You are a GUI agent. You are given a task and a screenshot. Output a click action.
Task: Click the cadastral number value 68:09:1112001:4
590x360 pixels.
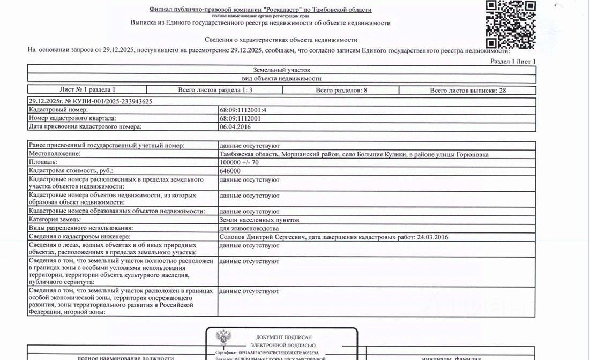[x=243, y=110]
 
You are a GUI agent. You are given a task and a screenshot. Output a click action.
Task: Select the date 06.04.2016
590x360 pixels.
[x=235, y=127]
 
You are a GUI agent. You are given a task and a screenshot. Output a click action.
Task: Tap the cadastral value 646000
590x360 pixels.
[x=230, y=171]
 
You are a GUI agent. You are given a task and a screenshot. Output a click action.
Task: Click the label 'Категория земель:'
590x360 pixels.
[x=55, y=220]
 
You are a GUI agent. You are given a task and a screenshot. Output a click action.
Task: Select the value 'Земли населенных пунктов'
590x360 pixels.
[x=259, y=220]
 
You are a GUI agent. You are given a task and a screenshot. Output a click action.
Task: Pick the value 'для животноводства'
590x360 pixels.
[x=249, y=228]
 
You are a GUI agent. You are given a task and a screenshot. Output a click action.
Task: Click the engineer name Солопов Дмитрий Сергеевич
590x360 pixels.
[x=262, y=237]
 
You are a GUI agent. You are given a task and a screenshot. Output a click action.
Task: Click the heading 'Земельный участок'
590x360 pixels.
[x=281, y=70]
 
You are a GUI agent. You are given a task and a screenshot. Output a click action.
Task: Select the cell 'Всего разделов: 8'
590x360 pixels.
[x=341, y=90]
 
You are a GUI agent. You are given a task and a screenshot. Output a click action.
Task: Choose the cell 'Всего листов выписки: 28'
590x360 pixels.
[x=468, y=90]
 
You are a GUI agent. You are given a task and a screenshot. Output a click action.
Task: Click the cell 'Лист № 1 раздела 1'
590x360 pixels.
[x=87, y=90]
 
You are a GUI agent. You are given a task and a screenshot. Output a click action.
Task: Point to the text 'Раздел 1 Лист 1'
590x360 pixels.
[x=513, y=62]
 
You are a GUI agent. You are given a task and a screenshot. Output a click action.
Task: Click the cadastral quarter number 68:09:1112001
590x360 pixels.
[x=240, y=118]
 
